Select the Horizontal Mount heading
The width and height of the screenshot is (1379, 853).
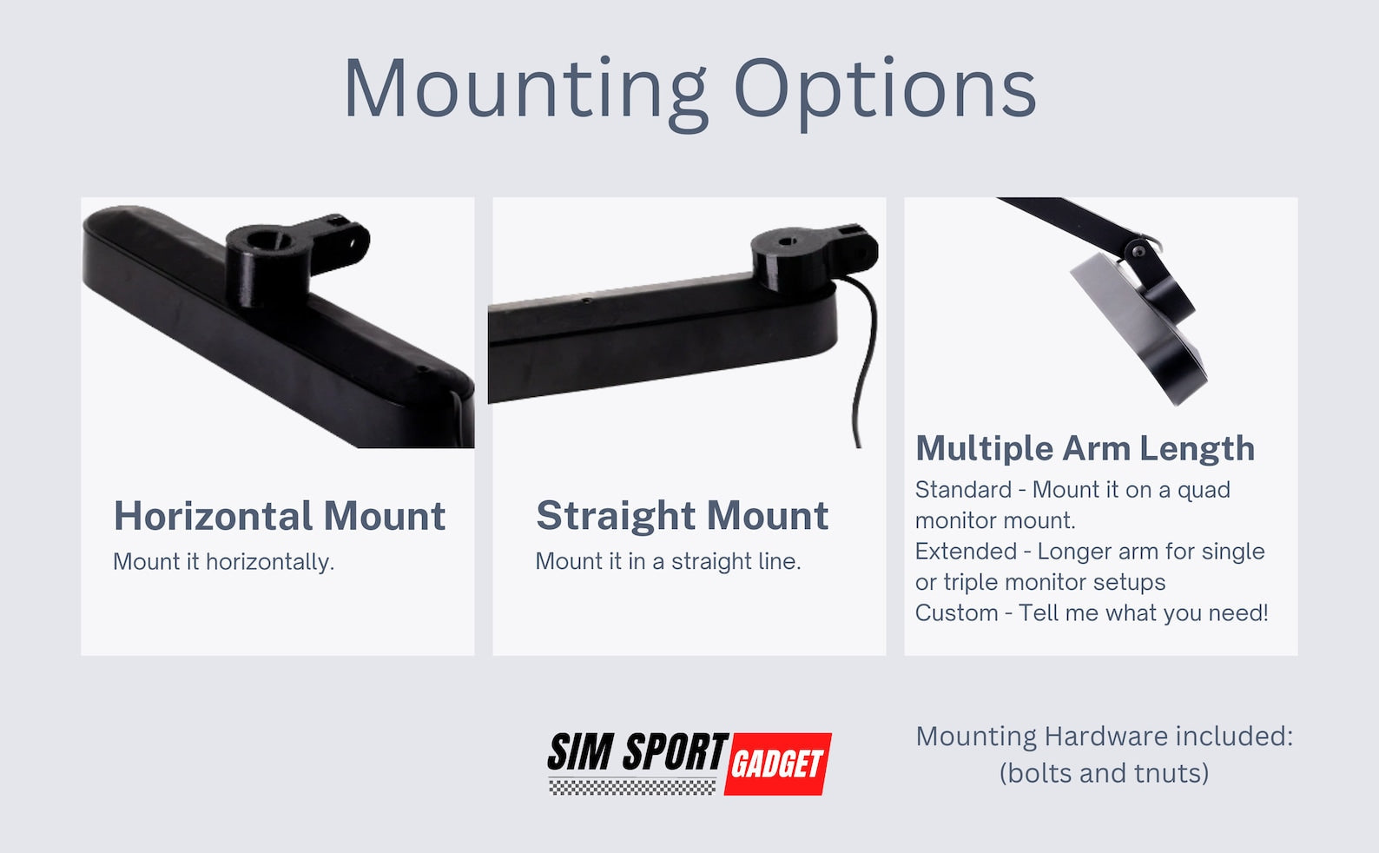tap(280, 515)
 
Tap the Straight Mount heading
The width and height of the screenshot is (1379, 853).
tap(682, 515)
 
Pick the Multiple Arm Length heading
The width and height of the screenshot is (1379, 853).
tap(1085, 448)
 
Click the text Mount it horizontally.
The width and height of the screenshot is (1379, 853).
tap(223, 562)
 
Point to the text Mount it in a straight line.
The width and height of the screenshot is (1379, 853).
tap(668, 561)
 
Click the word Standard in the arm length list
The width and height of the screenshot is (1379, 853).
tap(963, 490)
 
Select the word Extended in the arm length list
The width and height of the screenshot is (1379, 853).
tap(966, 552)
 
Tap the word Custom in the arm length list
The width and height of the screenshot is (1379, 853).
tap(957, 612)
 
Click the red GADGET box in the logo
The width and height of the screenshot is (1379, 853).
tap(777, 764)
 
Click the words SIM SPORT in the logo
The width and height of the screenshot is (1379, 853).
tap(637, 751)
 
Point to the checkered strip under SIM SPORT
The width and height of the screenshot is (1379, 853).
tap(633, 786)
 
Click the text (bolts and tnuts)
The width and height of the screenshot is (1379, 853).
tap(1104, 773)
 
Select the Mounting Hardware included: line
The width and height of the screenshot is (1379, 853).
tap(1105, 737)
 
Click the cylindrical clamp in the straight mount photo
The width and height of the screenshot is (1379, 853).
tap(789, 258)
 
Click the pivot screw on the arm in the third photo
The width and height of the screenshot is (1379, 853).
tap(1139, 251)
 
